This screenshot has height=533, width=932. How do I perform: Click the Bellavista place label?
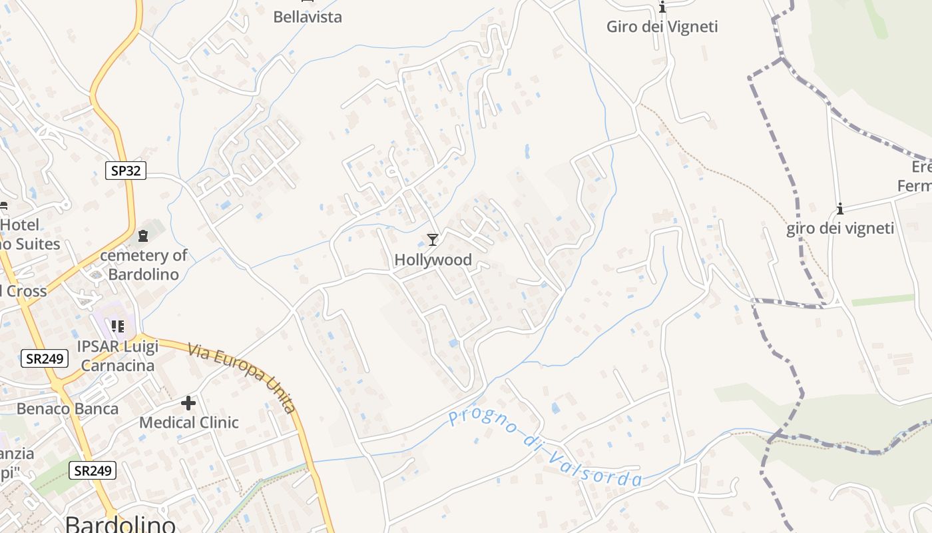point(308,17)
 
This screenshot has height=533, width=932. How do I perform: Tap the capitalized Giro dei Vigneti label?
point(662,27)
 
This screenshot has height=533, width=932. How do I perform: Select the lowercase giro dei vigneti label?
point(840,229)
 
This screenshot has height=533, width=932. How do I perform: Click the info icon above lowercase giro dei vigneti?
point(840,209)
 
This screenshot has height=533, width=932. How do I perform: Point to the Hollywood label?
point(433,260)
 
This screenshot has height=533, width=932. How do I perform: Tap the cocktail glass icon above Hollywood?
point(433,240)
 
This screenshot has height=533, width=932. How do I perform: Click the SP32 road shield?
point(126,171)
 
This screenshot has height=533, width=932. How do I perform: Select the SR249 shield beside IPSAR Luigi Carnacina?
point(45,359)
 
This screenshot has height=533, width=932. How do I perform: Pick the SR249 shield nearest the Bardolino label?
point(93,471)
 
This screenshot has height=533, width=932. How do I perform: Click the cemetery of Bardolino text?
point(143,265)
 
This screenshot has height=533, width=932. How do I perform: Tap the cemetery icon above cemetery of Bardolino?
point(143,236)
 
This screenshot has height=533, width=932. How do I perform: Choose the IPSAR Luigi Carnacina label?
point(118,356)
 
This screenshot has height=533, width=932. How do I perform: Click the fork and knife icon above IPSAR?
point(118,326)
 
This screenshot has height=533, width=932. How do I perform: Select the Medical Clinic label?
point(188,422)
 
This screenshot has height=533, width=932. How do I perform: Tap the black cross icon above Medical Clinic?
point(188,403)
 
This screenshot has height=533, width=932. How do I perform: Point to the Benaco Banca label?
point(67,408)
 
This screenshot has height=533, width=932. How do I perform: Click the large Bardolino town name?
point(120,524)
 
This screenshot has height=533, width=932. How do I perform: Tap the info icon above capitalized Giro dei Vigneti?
point(662,7)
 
